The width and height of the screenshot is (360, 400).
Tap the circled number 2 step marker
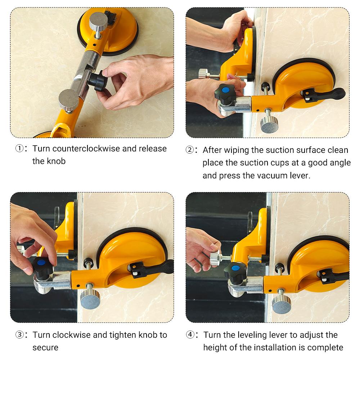[190, 150]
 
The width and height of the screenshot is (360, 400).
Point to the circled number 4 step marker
[190, 335]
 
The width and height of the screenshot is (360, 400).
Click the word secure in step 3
[45, 348]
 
